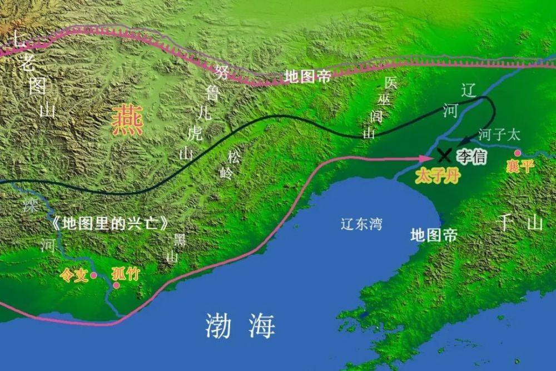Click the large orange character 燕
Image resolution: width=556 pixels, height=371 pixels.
coord(127,121)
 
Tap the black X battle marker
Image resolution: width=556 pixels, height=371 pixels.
coord(445,155)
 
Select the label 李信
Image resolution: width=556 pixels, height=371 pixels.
coord(471,156)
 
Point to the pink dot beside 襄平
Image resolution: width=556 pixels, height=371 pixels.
coord(518,152)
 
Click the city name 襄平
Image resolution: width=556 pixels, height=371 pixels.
coord(520,166)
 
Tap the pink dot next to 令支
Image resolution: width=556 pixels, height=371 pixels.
coord(94,275)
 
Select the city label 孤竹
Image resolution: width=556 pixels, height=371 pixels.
coord(126,274)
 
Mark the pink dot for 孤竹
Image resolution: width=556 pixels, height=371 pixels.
coord(116,285)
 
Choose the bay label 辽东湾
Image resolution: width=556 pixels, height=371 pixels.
coord(361,224)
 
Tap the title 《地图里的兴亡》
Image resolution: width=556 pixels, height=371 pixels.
coord(108,224)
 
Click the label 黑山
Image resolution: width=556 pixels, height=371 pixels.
coord(179,248)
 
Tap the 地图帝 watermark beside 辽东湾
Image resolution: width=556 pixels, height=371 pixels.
coord(434,235)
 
